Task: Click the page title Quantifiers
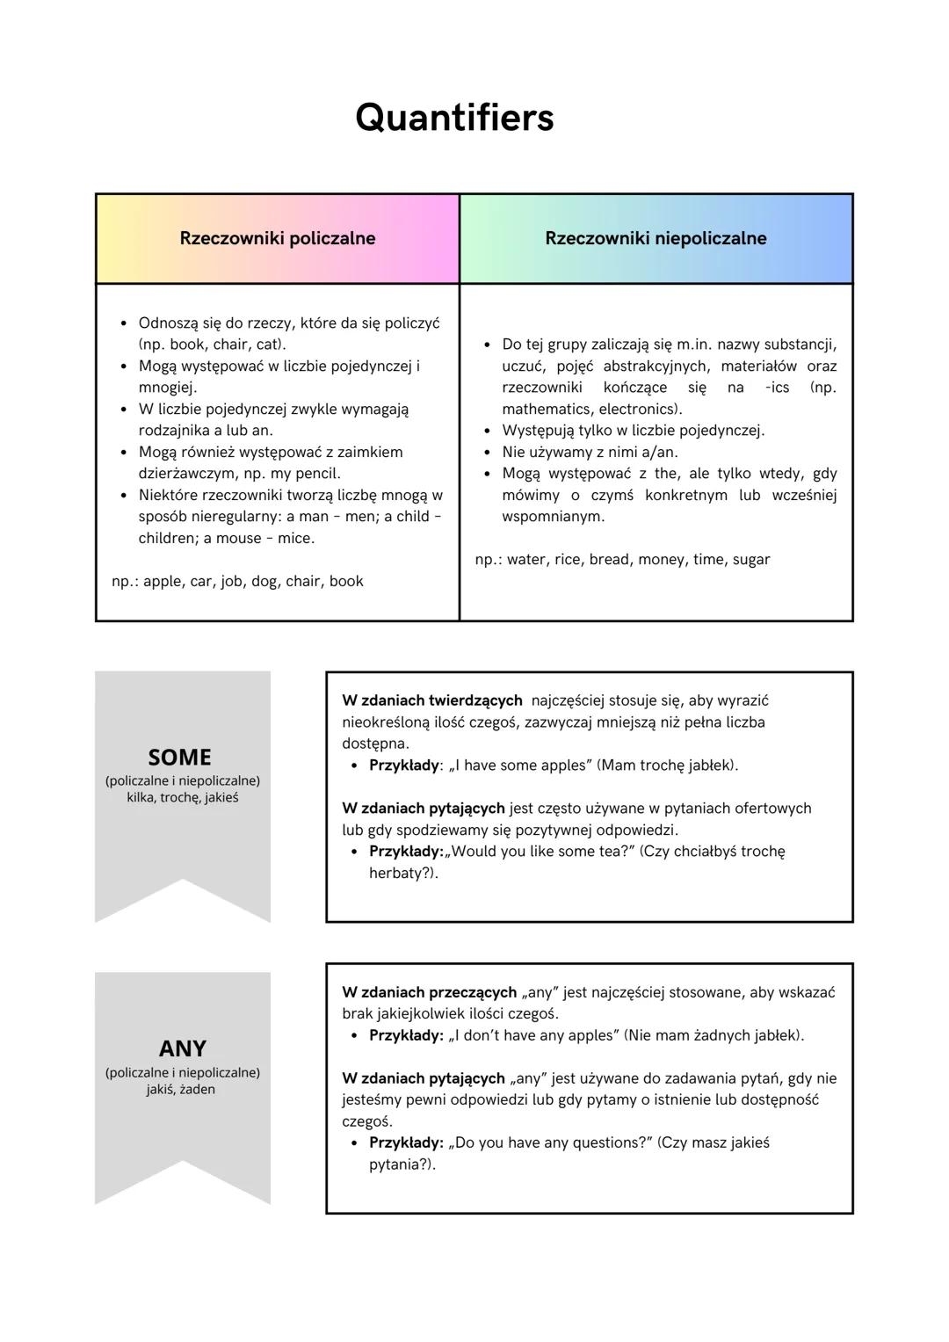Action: [454, 118]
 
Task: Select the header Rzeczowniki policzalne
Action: [277, 238]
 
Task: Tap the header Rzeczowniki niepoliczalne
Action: [656, 238]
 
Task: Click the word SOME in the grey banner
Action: [180, 757]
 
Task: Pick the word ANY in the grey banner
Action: [182, 1048]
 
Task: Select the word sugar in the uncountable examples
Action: [750, 559]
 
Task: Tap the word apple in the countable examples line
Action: [163, 581]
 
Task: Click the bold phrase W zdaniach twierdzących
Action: [431, 700]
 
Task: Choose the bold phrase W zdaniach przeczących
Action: [429, 992]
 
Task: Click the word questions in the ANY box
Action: [605, 1143]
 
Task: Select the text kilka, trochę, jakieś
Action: [182, 798]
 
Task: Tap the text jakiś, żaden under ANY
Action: [181, 1090]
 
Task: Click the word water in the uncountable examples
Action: [525, 559]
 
